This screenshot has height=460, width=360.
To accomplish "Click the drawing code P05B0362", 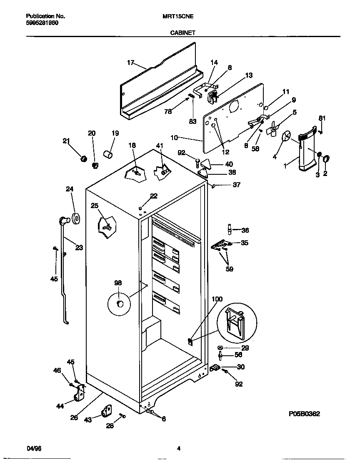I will pos(304,414).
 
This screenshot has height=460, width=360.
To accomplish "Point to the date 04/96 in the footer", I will pos(34,449).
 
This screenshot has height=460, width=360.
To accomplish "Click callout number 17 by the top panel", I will pos(130,63).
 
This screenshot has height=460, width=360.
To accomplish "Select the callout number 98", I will pos(118,283).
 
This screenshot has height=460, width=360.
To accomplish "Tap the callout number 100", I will pos(217,299).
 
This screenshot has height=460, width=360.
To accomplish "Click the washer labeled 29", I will pos(220,347).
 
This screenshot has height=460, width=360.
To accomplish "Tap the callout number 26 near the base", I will pos(74,417).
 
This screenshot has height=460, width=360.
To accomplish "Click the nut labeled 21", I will pos(83,158).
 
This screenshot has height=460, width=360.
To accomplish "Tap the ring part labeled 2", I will pos(326,159).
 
